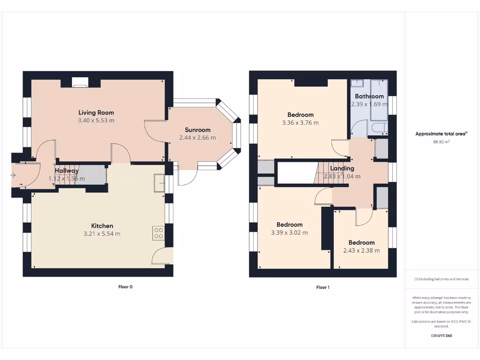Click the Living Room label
pos(96,112)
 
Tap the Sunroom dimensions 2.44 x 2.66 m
pos(197,138)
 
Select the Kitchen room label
pos(102,225)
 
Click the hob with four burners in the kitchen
pos(158,233)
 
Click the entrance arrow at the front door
pos(13,175)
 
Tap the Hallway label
pos(67,171)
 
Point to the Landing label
pos(342,168)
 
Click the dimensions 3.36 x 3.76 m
pos(300,123)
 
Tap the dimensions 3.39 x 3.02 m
pos(289,232)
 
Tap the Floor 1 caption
pos(322,287)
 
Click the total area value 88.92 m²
pos(441,141)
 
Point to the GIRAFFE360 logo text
pos(441,336)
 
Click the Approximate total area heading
pos(441,134)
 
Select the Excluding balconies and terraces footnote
pos(441,279)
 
